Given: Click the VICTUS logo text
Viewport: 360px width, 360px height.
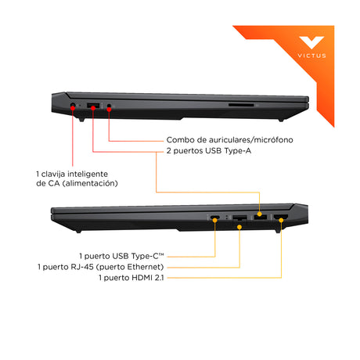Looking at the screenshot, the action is point(311,56).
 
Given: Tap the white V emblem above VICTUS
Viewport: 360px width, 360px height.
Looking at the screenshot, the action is point(311,42).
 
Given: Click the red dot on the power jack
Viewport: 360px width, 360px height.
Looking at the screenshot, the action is point(73,108).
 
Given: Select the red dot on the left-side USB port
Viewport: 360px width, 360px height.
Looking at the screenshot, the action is point(93,108).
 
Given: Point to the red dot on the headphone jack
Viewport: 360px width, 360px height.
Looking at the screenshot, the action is point(109,110).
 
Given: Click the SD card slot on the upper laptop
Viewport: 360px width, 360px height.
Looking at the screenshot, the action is point(241,105).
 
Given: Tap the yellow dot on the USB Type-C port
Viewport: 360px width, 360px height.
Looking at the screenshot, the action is point(214,220).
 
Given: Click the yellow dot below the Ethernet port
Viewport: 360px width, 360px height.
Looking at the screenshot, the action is point(239,227).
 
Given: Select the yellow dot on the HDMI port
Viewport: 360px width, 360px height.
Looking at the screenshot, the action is point(281,220).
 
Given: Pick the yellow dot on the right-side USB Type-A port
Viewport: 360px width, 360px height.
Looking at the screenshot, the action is point(259,214).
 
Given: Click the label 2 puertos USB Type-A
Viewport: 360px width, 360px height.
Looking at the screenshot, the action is point(209,151).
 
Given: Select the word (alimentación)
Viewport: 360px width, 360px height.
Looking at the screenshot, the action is point(90,183).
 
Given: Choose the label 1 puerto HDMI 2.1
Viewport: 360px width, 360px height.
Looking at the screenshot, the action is point(131,278).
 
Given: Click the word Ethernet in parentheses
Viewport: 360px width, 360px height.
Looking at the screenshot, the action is point(143,267).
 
